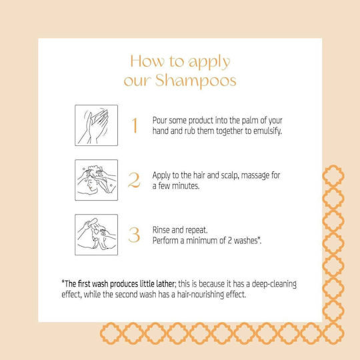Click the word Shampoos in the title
pyautogui.click(x=195, y=81)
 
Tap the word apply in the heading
pyautogui.click(x=209, y=63)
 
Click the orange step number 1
pyautogui.click(x=135, y=125)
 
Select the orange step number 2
pyautogui.click(x=134, y=180)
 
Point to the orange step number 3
pyautogui.click(x=134, y=235)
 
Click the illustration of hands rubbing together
pyautogui.click(x=96, y=125)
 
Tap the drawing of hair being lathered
pyautogui.click(x=96, y=180)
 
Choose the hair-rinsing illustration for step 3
pyautogui.click(x=96, y=235)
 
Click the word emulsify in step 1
pyautogui.click(x=267, y=131)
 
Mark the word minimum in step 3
pyautogui.click(x=201, y=241)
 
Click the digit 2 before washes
pyautogui.click(x=229, y=241)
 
